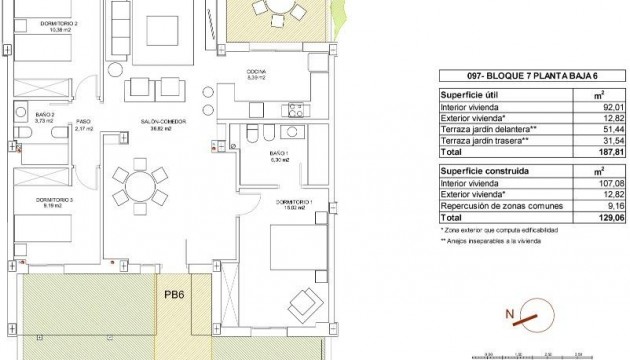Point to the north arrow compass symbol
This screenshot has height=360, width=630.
pos(528,317)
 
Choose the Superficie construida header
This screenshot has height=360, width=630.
pos(485,171)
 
